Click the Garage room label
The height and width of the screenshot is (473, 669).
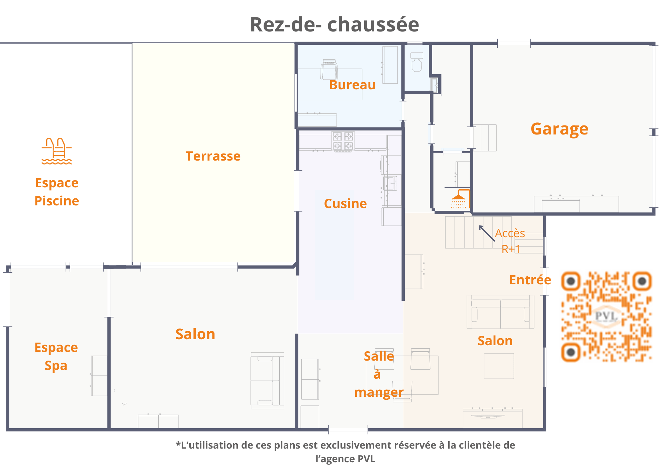click(x=559, y=129)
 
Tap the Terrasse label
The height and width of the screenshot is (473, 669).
click(x=213, y=156)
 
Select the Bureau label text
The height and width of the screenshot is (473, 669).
click(x=353, y=85)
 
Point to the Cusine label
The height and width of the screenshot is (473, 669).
click(x=346, y=204)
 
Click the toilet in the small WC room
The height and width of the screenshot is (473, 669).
click(x=417, y=62)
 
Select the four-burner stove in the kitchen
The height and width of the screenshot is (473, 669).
click(x=343, y=141)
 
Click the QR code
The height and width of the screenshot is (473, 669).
click(x=606, y=316)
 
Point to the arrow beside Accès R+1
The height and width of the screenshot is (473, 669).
click(x=487, y=233)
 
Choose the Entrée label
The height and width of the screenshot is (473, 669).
click(x=530, y=280)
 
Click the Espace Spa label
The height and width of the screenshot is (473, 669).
click(x=56, y=357)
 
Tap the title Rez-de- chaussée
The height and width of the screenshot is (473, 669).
click(x=334, y=24)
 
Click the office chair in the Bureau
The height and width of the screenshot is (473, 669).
click(x=329, y=69)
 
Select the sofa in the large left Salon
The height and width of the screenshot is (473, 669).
click(x=268, y=381)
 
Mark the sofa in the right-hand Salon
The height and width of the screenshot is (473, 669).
click(x=500, y=312)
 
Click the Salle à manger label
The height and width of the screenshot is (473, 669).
click(x=379, y=374)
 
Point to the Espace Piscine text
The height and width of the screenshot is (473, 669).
click(x=57, y=192)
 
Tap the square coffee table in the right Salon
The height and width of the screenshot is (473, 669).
click(x=499, y=366)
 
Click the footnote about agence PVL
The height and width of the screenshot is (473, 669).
click(x=346, y=452)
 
